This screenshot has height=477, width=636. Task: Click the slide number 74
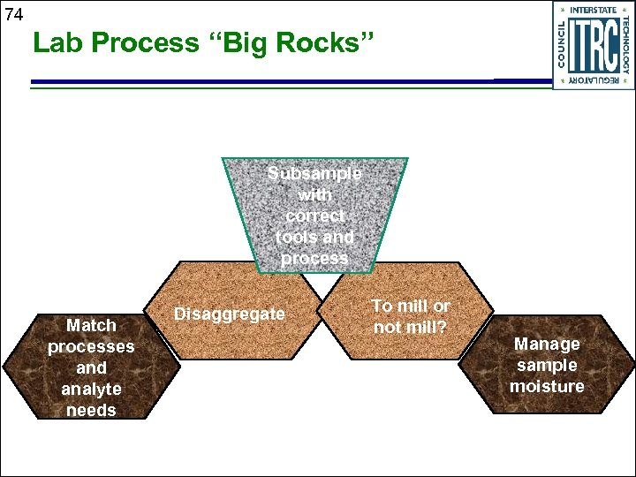coord(12,14)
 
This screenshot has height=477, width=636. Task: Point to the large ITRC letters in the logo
coord(594,45)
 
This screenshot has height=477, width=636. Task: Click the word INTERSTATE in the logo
coord(594,10)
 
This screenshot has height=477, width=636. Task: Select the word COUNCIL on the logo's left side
coord(562,45)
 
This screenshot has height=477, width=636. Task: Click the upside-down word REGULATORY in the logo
coord(594,80)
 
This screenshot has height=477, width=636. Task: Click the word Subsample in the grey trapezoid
coord(314,173)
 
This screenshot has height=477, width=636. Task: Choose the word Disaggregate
coord(230,314)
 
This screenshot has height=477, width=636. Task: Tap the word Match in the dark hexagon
coord(91,325)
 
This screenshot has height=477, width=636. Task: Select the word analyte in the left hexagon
coord(91,389)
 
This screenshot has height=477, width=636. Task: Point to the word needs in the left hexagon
coord(91,410)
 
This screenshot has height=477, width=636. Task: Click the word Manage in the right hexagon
coord(547,344)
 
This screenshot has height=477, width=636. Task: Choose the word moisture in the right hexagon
coord(547,386)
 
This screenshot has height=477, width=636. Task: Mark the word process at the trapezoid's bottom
coord(314,258)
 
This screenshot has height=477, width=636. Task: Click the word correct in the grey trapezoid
coord(314,216)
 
